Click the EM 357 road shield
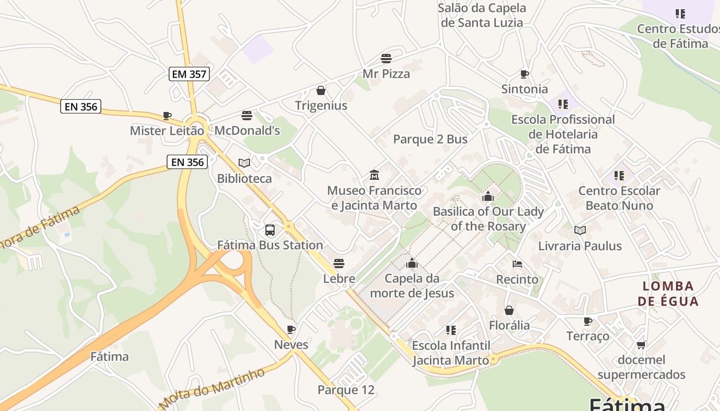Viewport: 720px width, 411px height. (x=189, y=74)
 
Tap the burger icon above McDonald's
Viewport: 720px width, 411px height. (x=247, y=115)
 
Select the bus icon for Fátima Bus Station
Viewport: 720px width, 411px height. (x=270, y=230)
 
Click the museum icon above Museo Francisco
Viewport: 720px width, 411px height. (x=374, y=175)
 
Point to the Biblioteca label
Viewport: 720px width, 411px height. (x=244, y=179)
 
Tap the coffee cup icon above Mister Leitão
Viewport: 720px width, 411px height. (x=167, y=116)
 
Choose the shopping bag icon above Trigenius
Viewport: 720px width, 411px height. (x=321, y=90)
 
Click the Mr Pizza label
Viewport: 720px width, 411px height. (x=386, y=74)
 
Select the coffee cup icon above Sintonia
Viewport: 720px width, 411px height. (x=525, y=74)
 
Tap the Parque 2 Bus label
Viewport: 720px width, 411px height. (x=430, y=139)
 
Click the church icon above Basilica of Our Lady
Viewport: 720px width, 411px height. (x=488, y=196)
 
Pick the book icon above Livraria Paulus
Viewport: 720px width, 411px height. (x=580, y=231)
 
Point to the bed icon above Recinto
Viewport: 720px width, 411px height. (x=517, y=264)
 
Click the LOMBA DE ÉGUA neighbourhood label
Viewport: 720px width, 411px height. (x=668, y=293)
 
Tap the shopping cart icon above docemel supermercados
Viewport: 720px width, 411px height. (x=641, y=345)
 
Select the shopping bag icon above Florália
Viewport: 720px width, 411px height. (x=509, y=310)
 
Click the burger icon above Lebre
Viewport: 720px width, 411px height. (x=339, y=264)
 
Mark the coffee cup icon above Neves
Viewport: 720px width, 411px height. (x=291, y=329)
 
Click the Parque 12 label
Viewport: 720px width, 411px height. (x=346, y=390)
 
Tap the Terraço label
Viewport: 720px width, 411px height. (x=587, y=336)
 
